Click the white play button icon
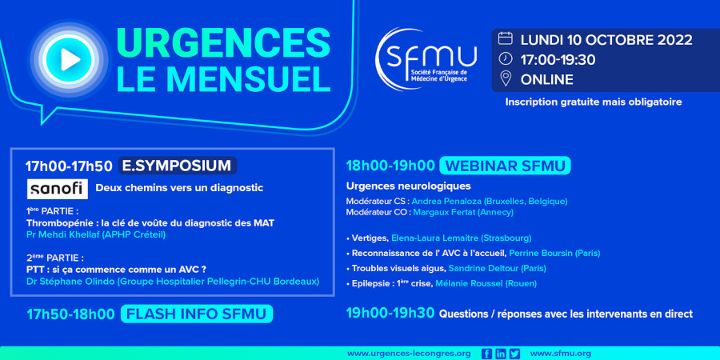point(70,59)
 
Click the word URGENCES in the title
point(223,43)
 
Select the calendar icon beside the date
point(505,38)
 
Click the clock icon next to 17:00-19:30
point(505,59)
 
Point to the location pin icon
point(505,79)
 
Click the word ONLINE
point(546,79)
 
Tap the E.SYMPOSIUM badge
point(178,166)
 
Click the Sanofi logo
point(58,189)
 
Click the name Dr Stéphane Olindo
point(70,281)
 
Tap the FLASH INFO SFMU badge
point(197,314)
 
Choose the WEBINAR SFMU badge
point(505,166)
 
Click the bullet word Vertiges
point(370,238)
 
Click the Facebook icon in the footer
point(486,354)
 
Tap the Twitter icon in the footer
point(514,354)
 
